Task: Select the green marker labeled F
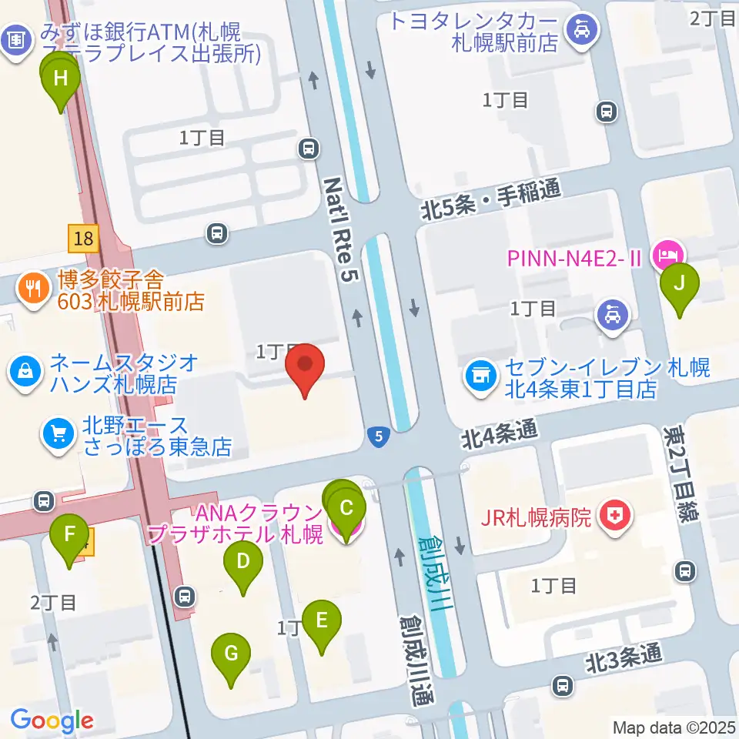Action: [x=69, y=535]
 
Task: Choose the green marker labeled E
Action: [x=322, y=621]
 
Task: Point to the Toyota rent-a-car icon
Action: [x=577, y=31]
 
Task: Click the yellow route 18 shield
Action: [x=83, y=238]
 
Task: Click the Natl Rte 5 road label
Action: [x=343, y=229]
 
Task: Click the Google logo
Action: [x=52, y=721]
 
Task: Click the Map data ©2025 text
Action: [x=674, y=727]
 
